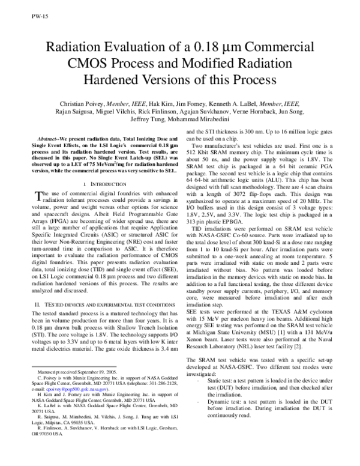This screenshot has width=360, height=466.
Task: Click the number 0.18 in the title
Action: (223, 50)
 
